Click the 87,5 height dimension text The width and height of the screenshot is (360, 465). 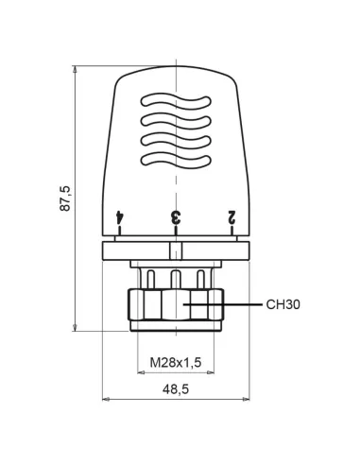65,199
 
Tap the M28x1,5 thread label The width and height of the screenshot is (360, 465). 176,362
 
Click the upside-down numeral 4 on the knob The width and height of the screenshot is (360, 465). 120,217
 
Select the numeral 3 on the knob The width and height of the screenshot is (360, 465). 176,217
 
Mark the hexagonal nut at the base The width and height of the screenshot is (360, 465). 176,308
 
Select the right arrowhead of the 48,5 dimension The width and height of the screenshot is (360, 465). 249,399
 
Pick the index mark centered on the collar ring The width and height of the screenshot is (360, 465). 176,250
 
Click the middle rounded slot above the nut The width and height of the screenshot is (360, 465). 176,278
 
